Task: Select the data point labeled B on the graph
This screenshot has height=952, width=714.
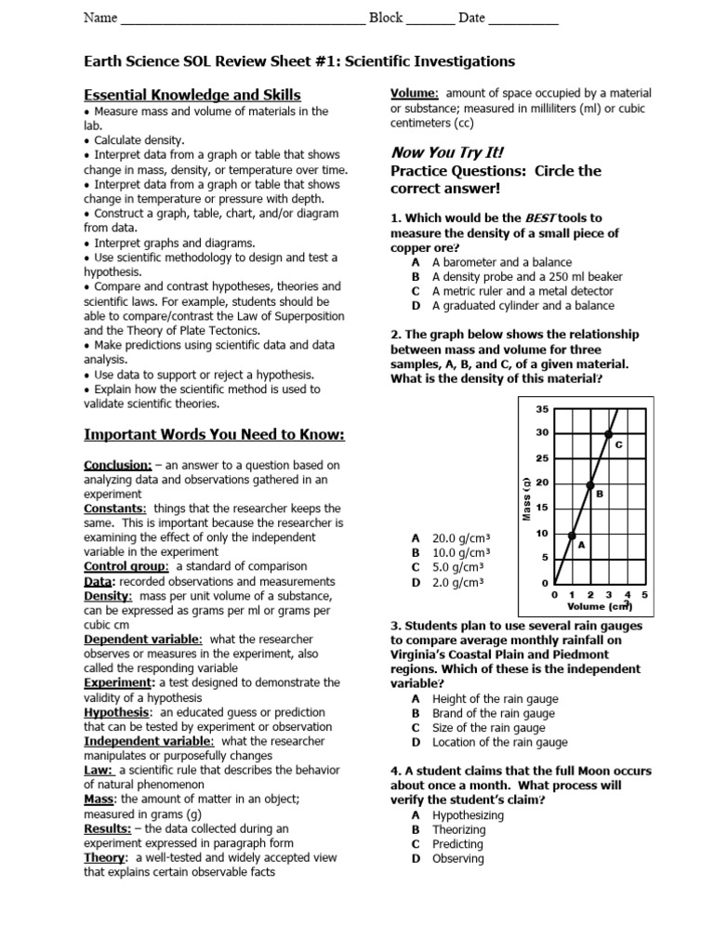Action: [x=590, y=483]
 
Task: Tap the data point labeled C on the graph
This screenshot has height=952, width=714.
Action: [x=609, y=433]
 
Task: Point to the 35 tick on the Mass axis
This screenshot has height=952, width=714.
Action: [x=543, y=409]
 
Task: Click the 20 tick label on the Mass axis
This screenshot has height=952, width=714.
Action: [x=543, y=483]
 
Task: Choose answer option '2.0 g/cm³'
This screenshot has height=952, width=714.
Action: [x=461, y=582]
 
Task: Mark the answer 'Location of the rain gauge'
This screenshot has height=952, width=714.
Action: [x=499, y=742]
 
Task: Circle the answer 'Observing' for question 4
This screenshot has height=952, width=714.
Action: [x=457, y=858]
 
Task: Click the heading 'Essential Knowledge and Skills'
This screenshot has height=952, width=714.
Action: [x=192, y=95]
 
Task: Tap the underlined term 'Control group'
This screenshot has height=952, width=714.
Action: [x=126, y=566]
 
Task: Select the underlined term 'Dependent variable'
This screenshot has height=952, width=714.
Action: [x=142, y=639]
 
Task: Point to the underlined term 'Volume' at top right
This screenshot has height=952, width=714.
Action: [x=414, y=94]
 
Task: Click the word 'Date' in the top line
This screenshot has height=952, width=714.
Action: [x=471, y=18]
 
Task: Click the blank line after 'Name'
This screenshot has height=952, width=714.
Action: [x=244, y=19]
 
